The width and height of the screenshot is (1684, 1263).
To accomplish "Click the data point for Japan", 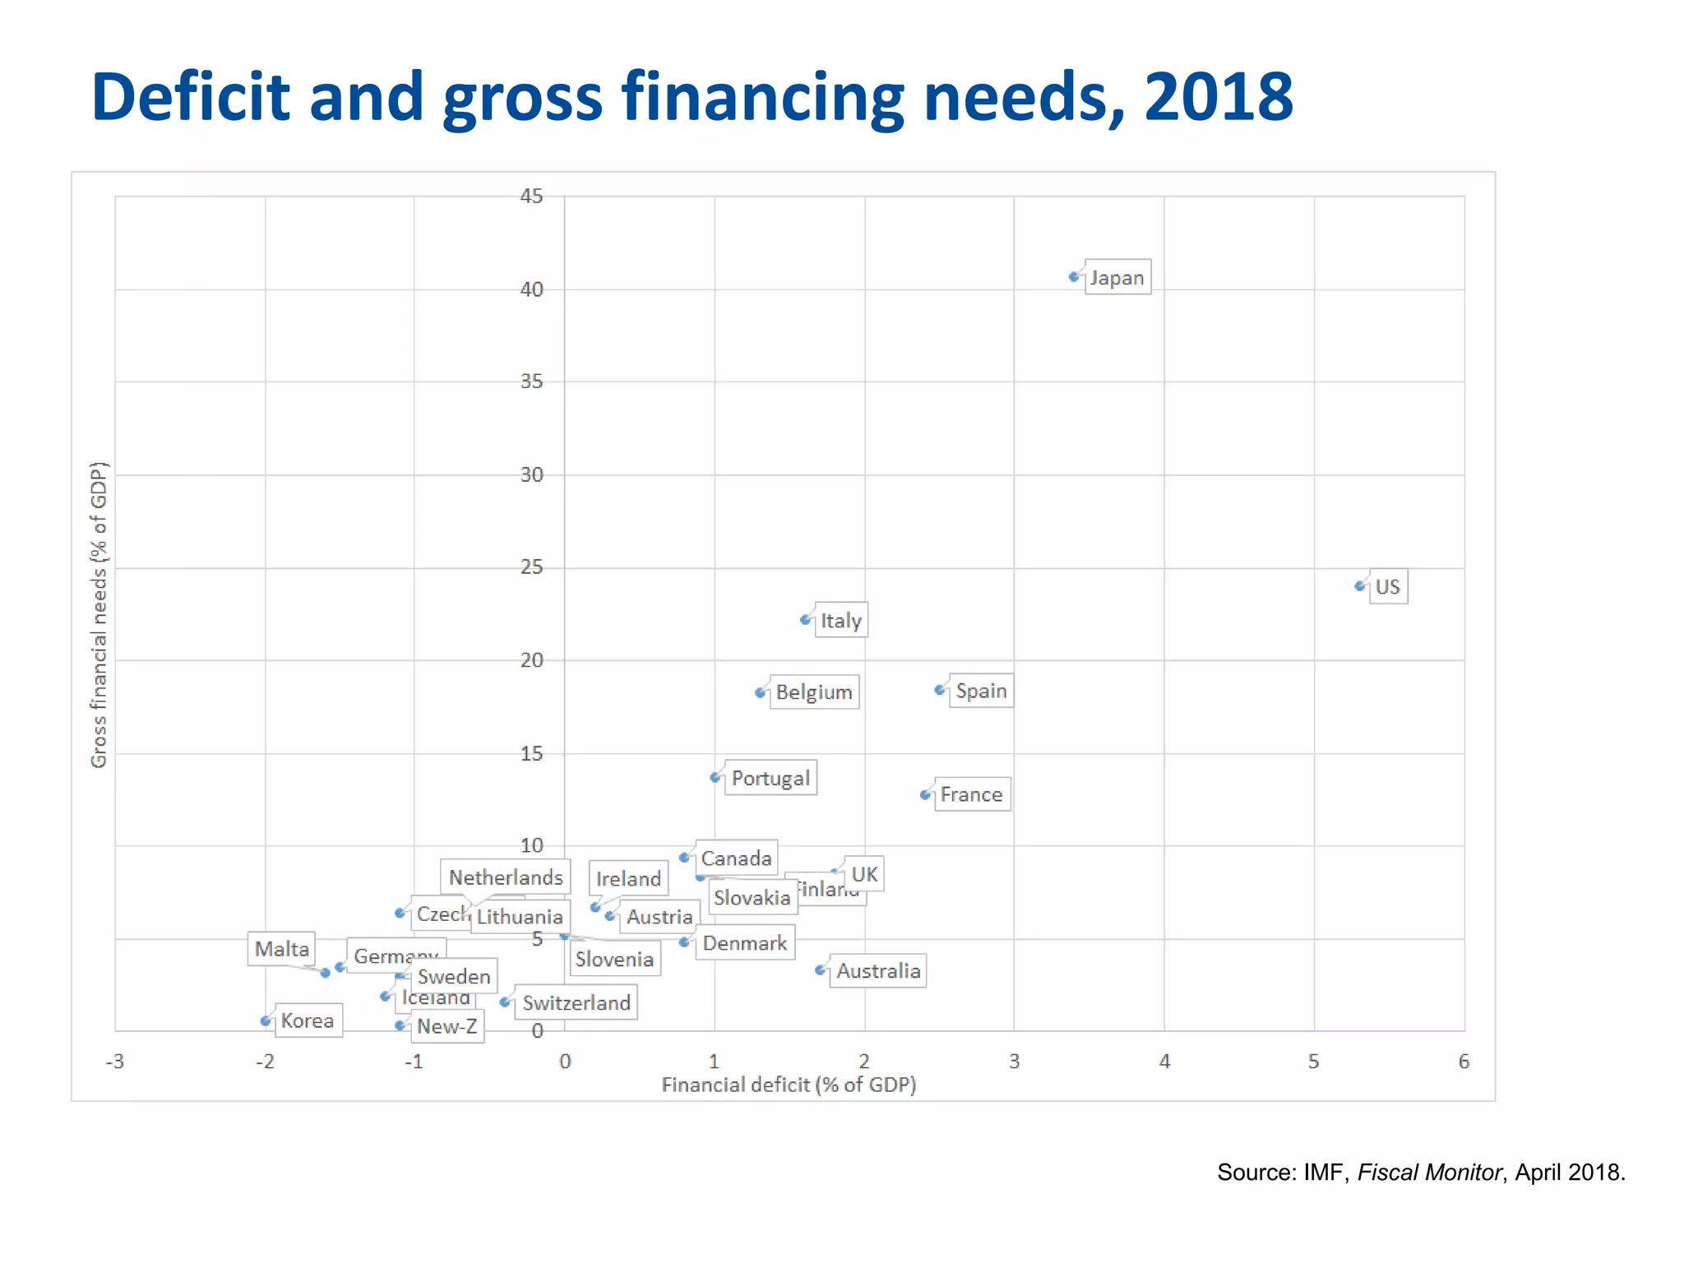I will (x=1074, y=277).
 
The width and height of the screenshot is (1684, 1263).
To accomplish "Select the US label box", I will (x=1388, y=587).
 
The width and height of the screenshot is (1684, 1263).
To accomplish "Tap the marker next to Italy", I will (x=805, y=620).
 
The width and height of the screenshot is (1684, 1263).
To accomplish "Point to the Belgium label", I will (x=814, y=692).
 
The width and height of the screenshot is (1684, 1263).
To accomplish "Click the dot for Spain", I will (x=940, y=690).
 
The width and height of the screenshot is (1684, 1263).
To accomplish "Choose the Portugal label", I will (x=770, y=778).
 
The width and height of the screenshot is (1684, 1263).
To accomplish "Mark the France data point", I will (x=925, y=795).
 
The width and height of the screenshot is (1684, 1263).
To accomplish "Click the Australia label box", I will (x=878, y=971).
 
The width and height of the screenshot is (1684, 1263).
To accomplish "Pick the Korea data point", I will (x=265, y=1021).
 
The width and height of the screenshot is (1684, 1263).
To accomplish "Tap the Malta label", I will (x=282, y=949).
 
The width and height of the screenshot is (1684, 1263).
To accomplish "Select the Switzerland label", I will (x=576, y=1003).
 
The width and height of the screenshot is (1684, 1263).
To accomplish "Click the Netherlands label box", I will (x=506, y=877).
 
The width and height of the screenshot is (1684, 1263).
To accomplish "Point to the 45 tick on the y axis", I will (x=531, y=196).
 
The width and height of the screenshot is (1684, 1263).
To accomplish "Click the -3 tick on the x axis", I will (x=115, y=1062).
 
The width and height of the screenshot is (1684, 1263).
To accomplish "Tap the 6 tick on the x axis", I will (x=1464, y=1062).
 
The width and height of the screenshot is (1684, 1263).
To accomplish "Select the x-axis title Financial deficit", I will (x=789, y=1085).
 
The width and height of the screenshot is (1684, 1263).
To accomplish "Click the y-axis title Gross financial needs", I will (x=99, y=615).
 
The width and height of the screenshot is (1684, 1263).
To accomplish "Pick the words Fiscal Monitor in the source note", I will (x=1429, y=1173).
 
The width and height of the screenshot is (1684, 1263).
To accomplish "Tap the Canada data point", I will (x=684, y=858).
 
